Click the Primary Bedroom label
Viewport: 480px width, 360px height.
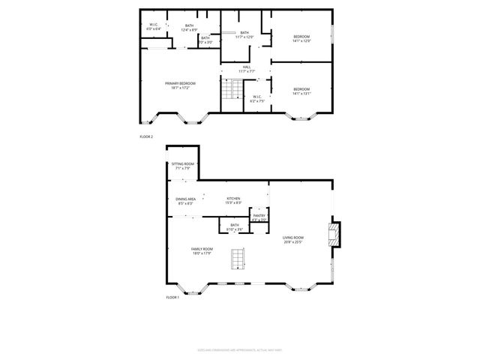pyautogui.click(x=180, y=85)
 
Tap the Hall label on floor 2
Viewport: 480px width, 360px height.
pyautogui.click(x=247, y=69)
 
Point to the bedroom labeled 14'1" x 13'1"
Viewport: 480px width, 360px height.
pyautogui.click(x=301, y=91)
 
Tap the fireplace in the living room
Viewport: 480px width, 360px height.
pyautogui.click(x=335, y=234)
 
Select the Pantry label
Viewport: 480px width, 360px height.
pyautogui.click(x=259, y=217)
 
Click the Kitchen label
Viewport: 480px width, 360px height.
pyautogui.click(x=233, y=200)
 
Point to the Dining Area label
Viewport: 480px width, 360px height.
pyautogui.click(x=185, y=200)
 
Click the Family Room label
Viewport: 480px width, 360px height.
pyautogui.click(x=202, y=250)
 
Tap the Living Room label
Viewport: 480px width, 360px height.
pyautogui.click(x=292, y=240)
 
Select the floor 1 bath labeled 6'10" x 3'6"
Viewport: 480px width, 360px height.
pyautogui.click(x=235, y=226)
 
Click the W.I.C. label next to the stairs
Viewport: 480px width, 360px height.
pyautogui.click(x=256, y=97)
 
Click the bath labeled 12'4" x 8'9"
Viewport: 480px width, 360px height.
pyautogui.click(x=190, y=28)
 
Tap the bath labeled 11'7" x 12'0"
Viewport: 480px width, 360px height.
pyautogui.click(x=244, y=34)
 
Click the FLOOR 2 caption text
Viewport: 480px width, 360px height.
pyautogui.click(x=146, y=136)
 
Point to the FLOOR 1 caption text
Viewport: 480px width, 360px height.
pyautogui.click(x=172, y=298)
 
